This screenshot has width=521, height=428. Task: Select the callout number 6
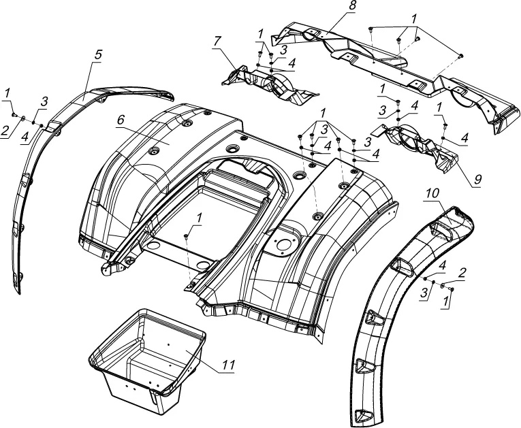click(x=121, y=119)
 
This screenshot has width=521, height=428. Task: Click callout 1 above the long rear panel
click(x=415, y=16)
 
